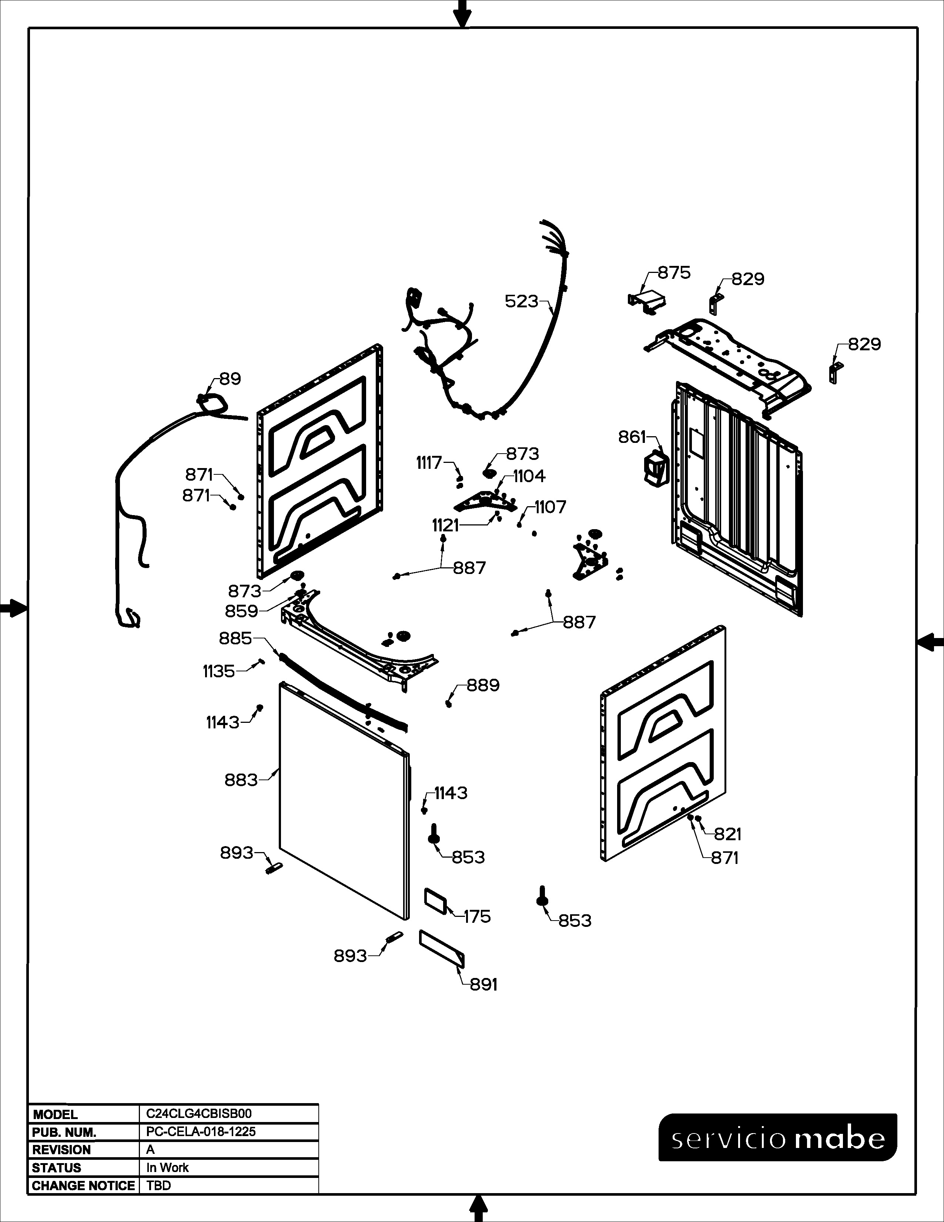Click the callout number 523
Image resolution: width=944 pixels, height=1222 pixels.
(x=521, y=301)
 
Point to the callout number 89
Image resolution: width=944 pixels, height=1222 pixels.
(x=230, y=379)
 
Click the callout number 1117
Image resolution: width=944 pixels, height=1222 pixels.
(x=429, y=463)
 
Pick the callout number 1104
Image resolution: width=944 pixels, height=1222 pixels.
(x=529, y=476)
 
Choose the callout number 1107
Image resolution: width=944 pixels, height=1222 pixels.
(x=550, y=507)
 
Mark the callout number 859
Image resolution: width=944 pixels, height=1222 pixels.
(x=242, y=611)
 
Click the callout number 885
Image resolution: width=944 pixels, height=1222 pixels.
(x=235, y=638)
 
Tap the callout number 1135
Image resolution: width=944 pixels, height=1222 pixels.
(x=219, y=671)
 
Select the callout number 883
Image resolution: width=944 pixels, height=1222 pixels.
(x=241, y=779)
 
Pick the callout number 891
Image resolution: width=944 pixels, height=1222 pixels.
(x=483, y=984)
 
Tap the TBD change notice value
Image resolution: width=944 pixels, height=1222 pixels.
(x=159, y=1186)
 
